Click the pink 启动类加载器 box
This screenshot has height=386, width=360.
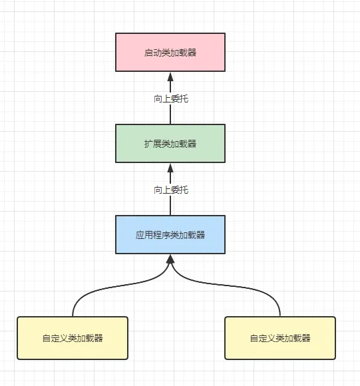[170, 53]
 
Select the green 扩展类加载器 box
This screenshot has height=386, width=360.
[170, 144]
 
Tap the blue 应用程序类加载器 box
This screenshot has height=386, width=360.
[170, 235]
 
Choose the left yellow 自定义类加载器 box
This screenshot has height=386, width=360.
[73, 338]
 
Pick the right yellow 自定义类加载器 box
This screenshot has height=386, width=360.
[280, 338]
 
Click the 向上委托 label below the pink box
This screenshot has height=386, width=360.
[171, 98]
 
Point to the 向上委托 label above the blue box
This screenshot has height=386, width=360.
[171, 190]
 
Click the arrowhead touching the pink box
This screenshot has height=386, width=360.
[170, 77]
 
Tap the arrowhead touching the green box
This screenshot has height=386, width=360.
[170, 168]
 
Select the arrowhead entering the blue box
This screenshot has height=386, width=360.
[170, 259]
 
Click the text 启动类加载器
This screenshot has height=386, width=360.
[170, 53]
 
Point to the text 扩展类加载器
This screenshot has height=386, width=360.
[170, 144]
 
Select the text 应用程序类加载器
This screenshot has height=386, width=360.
[170, 235]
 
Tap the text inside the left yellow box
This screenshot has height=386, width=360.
[73, 338]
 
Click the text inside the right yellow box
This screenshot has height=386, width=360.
[280, 338]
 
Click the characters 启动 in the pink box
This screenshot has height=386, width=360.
[153, 53]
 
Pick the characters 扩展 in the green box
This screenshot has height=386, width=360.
[153, 144]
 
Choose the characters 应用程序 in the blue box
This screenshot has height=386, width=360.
[153, 235]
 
